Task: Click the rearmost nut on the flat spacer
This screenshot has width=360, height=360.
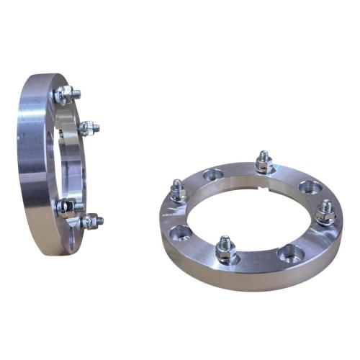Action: coord(264,165)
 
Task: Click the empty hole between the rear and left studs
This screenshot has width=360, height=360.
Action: coord(213,175)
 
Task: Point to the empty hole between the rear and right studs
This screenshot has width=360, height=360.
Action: coord(311,187)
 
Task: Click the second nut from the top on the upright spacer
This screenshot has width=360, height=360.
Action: coord(89,129)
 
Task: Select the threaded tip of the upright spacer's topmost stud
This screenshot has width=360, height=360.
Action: coord(76,94)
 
